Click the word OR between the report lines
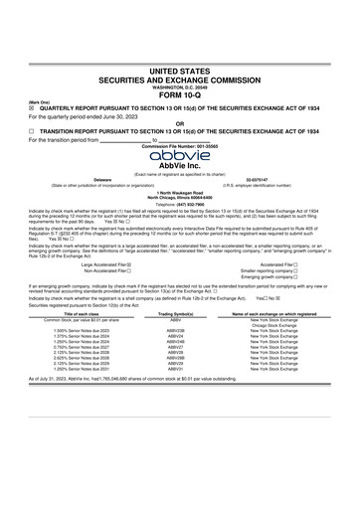point(180,123)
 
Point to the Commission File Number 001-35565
point(180,145)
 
